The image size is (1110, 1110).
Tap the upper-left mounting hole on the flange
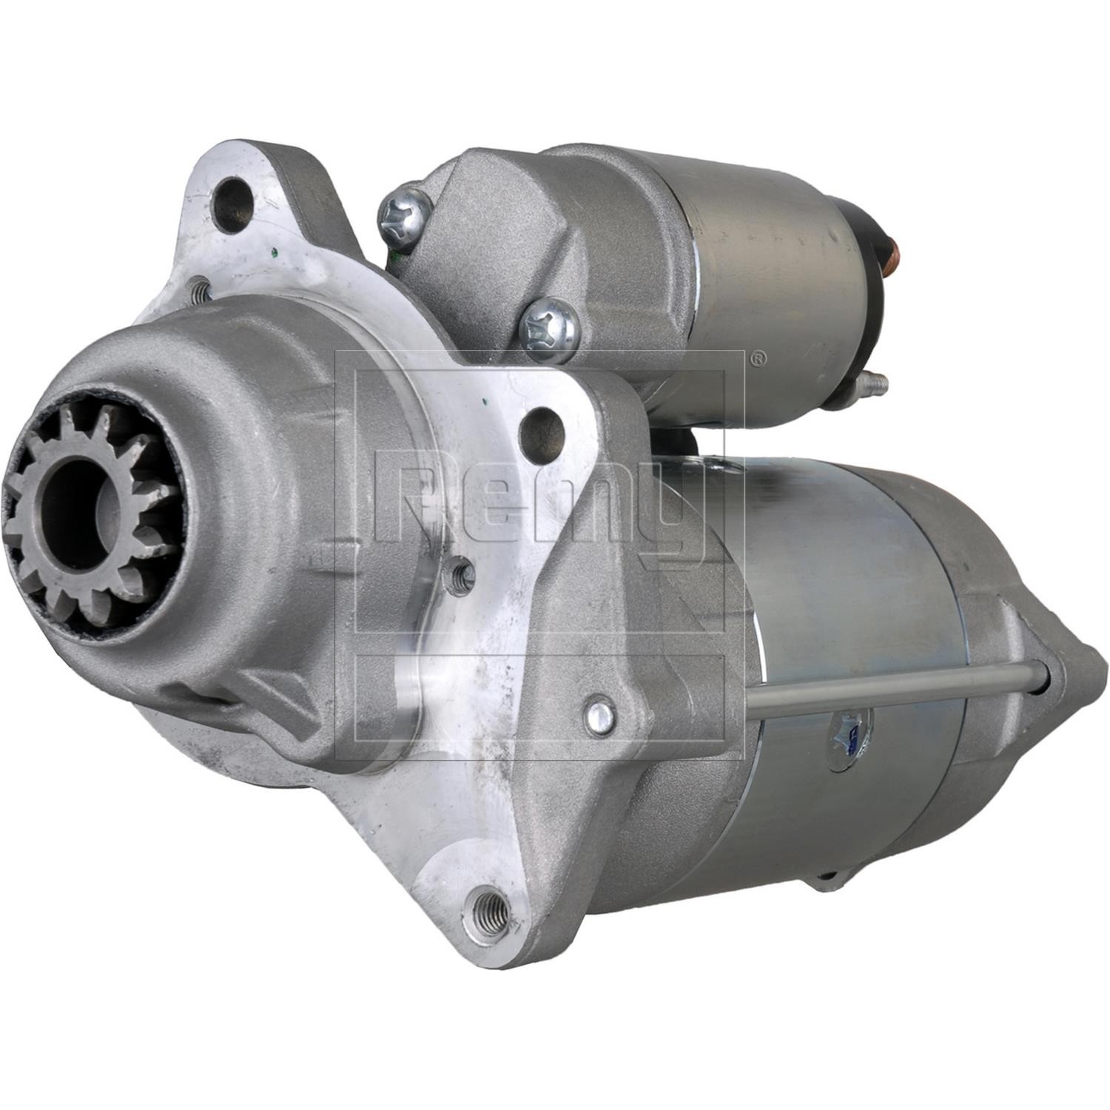235,195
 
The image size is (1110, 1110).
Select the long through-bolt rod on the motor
895,690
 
